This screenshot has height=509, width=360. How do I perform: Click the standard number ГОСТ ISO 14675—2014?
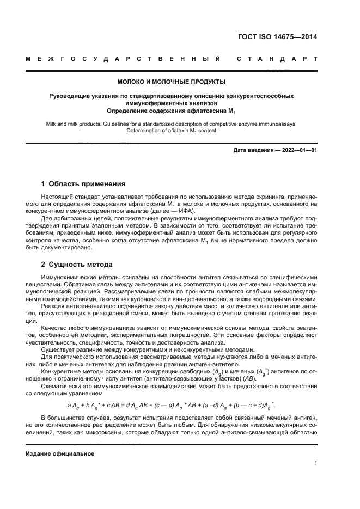pyautogui.click(x=278, y=37)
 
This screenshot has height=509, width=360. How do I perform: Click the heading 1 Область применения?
pyautogui.click(x=83, y=184)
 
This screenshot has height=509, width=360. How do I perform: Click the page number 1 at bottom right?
pyautogui.click(x=316, y=463)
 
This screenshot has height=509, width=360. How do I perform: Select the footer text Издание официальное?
pyautogui.click(x=60, y=453)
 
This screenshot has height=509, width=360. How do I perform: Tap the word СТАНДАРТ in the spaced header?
pyautogui.click(x=277, y=58)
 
